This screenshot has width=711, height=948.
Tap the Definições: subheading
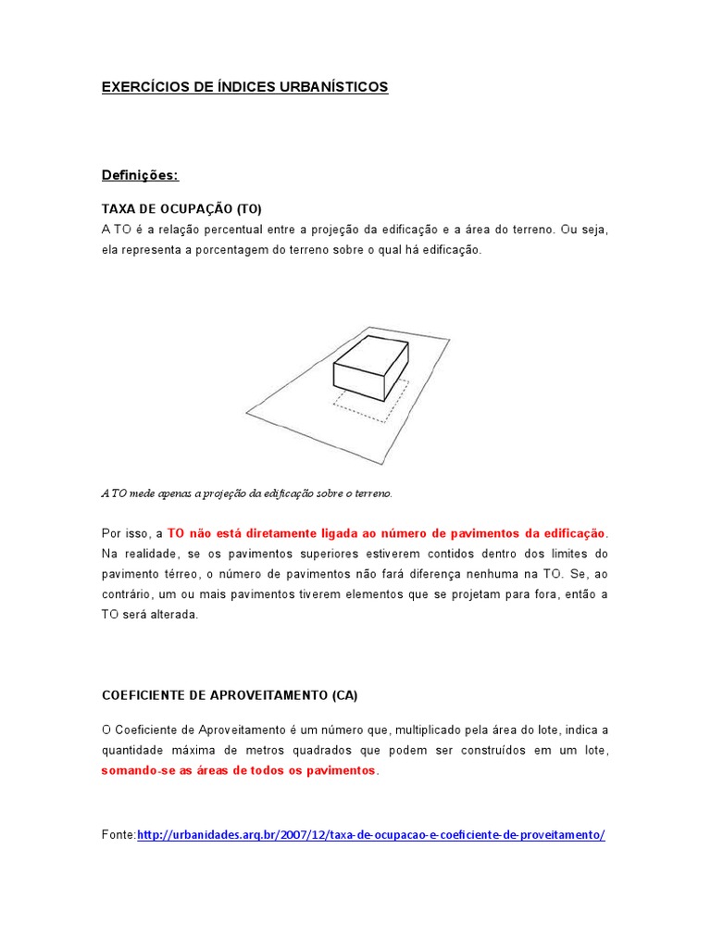pos(140,175)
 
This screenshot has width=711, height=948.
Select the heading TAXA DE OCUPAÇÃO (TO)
pos(175,207)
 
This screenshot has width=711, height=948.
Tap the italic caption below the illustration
pos(246,493)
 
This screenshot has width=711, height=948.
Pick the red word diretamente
pos(268,533)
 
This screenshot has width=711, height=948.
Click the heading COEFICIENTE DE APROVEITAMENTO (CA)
pos(229,694)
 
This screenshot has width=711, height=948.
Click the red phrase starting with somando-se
pos(239,770)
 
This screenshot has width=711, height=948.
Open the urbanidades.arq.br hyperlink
pos(370,834)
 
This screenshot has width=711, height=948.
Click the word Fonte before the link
pos(117,834)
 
